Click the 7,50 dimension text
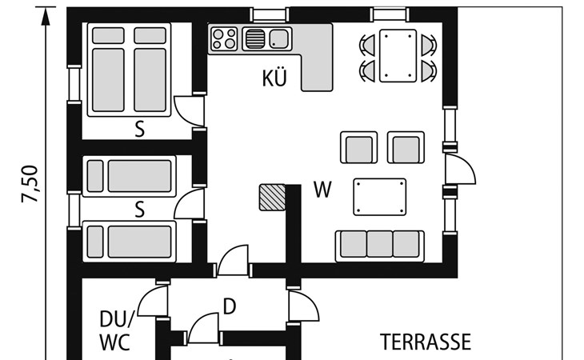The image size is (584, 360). (30, 184)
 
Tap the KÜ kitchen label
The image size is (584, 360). (274, 78)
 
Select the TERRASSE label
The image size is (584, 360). (426, 342)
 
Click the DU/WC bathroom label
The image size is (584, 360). (116, 330)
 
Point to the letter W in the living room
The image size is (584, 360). (322, 190)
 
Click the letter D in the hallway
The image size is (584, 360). (230, 306)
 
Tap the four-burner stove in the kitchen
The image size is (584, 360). (224, 38)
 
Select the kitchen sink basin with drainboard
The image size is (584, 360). (267, 38)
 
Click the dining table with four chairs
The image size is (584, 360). (398, 56)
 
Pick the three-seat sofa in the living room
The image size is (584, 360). (379, 246)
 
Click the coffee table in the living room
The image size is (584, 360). (379, 197)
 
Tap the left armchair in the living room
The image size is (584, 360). (358, 147)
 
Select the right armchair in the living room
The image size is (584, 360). (406, 147)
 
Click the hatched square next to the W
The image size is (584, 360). (272, 198)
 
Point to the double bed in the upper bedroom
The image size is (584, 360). (129, 70)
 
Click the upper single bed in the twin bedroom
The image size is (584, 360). (129, 176)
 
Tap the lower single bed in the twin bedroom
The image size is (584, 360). (129, 242)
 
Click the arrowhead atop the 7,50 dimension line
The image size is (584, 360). (46, 17)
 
